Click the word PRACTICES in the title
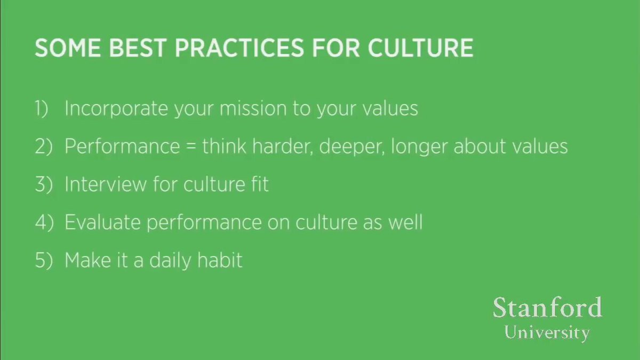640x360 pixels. tap(239, 48)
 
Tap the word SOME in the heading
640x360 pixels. tap(68, 48)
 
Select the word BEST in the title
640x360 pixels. tap(138, 48)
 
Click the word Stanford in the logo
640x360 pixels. tap(548, 308)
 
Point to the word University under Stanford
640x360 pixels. tap(547, 333)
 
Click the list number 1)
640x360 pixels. tap(42, 109)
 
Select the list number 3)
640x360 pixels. tap(44, 185)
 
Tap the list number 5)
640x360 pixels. tap(44, 260)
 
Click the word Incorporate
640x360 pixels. tap(116, 109)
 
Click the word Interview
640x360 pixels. tap(106, 185)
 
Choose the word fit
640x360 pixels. tap(260, 183)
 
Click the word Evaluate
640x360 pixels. tap(103, 222)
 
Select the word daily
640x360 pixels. tap(170, 261)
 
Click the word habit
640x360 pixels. tap(220, 260)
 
